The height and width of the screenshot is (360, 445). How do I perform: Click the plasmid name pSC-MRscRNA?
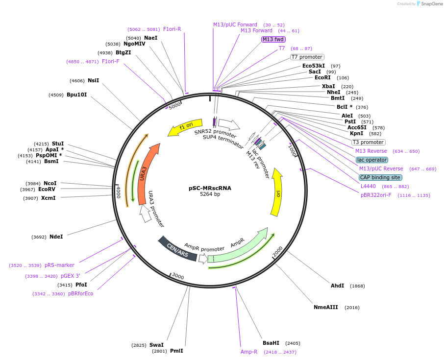coord(210,188)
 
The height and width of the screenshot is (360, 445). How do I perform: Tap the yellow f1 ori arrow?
coord(185,127)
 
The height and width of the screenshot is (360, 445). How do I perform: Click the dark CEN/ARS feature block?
coord(177,249)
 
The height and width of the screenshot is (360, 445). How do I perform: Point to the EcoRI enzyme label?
coord(322,78)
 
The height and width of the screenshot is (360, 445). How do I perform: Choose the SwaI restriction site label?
coord(156,345)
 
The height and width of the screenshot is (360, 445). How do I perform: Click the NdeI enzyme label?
coord(56,237)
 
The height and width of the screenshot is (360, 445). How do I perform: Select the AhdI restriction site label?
coord(337,286)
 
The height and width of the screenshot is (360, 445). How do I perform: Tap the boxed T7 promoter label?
coord(307,57)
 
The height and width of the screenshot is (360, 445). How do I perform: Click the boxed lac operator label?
coord(371,160)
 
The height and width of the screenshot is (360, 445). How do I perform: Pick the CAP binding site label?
coord(380,177)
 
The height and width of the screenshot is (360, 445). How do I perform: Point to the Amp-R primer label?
coord(249,352)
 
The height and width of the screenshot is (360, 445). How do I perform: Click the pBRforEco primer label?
coord(81,293)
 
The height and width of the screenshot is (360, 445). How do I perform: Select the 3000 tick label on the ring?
coord(178,277)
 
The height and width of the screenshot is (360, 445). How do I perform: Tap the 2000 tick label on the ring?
coord(278,251)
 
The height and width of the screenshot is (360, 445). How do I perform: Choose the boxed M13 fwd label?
coord(273,39)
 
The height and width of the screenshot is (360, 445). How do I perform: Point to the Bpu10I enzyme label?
coord(77,95)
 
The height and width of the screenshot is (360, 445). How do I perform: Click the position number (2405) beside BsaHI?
coord(292,343)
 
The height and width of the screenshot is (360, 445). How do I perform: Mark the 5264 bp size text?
coord(210,194)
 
